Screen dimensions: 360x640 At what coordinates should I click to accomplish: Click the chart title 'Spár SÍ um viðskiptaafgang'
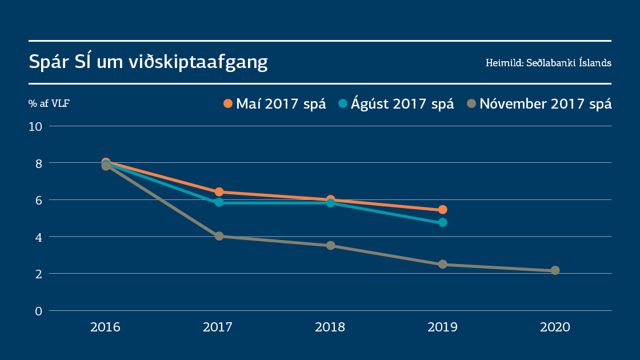(149, 62)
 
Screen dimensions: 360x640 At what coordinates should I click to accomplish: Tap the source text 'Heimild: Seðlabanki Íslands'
(548, 63)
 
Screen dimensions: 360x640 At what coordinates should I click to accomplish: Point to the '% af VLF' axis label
(49, 104)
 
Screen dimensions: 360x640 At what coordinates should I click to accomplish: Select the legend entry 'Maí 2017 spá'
(275, 103)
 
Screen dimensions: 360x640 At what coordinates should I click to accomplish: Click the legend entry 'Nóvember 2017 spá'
(539, 103)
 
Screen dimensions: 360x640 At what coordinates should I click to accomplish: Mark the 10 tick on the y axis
(37, 126)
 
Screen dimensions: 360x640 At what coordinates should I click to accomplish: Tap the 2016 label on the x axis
(105, 327)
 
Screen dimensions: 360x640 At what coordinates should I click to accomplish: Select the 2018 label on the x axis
(330, 327)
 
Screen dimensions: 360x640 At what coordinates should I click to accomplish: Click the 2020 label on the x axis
(555, 327)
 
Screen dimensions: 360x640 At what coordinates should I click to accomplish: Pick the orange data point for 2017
(218, 192)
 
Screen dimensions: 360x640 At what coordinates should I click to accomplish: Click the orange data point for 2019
(442, 210)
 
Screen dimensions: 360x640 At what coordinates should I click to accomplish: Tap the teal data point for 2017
(218, 202)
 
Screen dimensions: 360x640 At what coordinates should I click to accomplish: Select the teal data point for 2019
(442, 222)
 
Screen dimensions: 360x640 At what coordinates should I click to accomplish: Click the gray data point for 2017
(218, 236)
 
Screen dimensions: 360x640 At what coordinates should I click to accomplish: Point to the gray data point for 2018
(330, 246)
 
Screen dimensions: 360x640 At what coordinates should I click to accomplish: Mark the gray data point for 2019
(442, 265)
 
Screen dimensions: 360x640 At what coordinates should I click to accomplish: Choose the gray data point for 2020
(555, 270)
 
